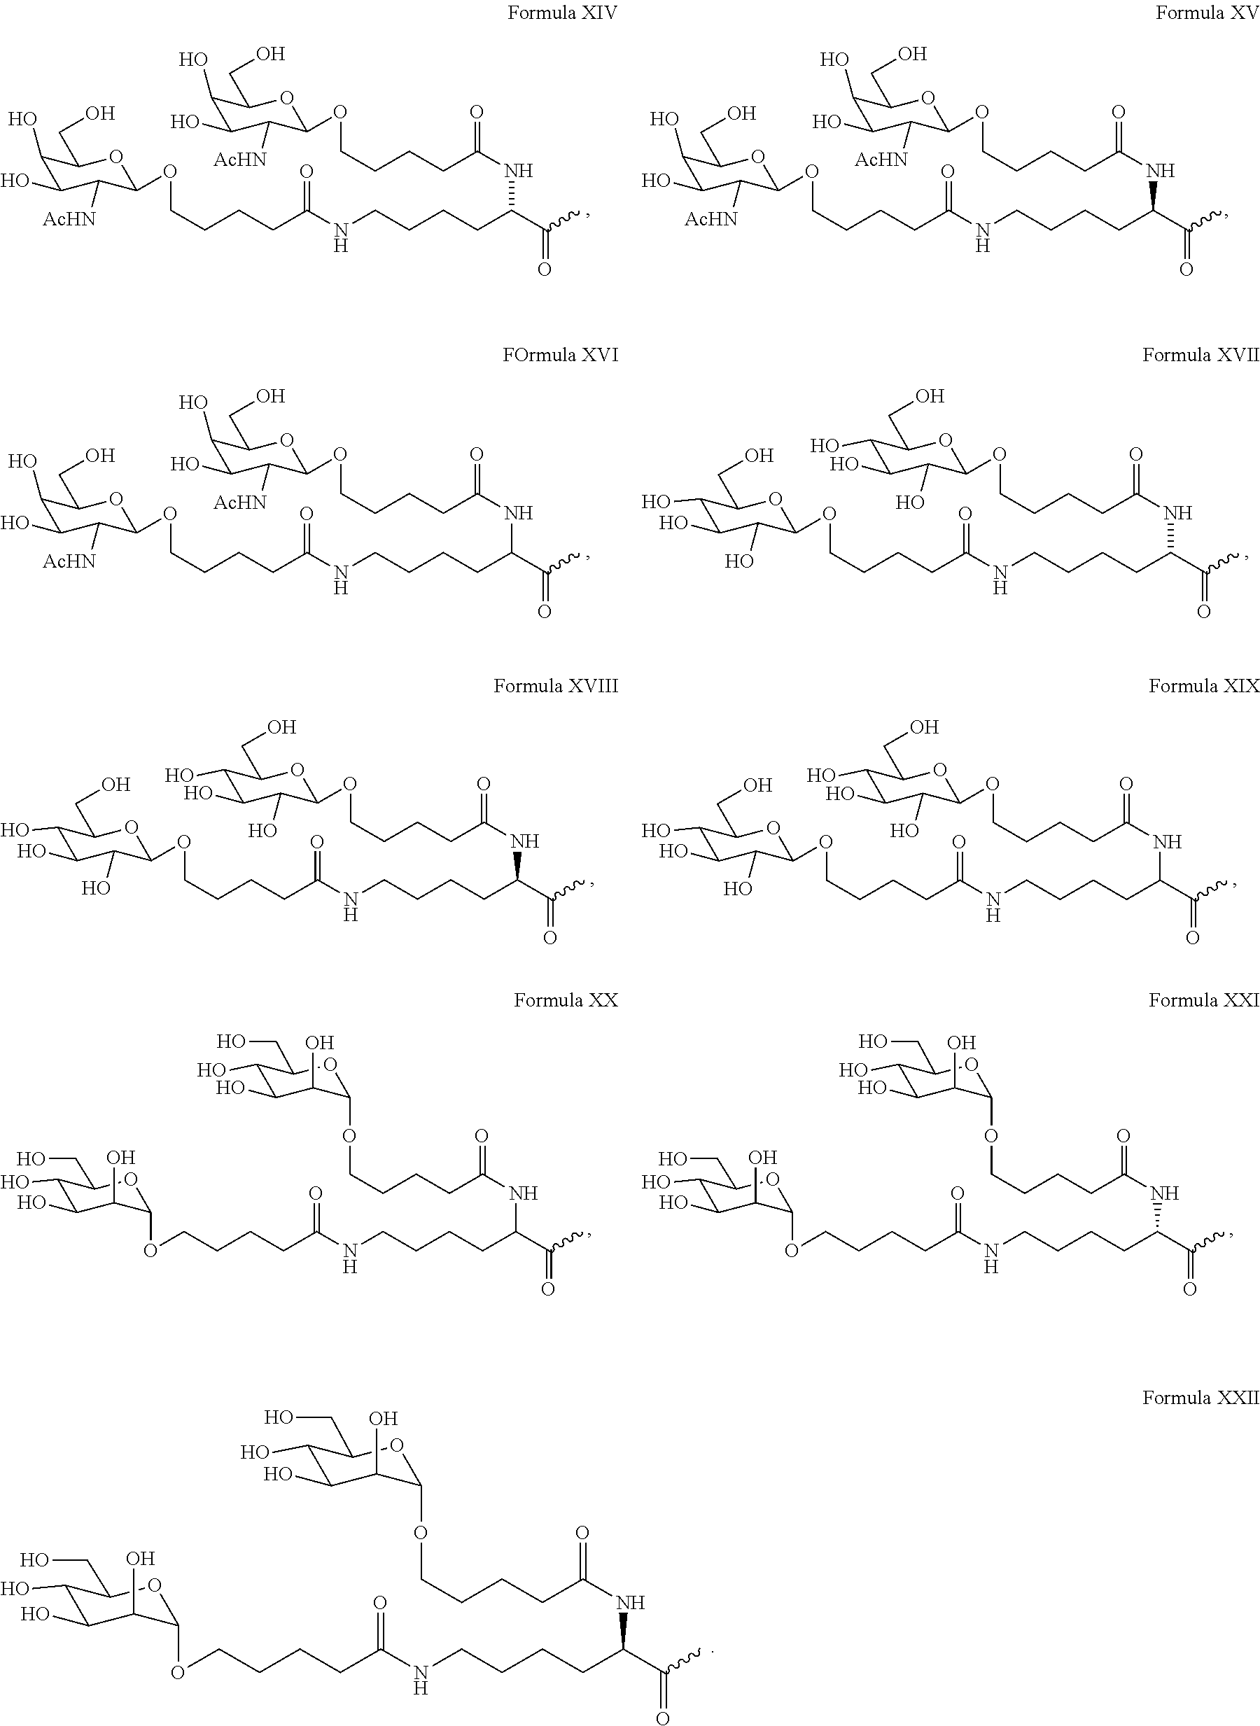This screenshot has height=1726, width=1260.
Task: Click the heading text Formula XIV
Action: tap(562, 13)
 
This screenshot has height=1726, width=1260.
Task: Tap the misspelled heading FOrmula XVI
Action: tap(560, 355)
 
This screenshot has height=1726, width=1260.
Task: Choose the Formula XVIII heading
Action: tap(555, 686)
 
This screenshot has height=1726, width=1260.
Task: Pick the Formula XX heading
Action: tap(565, 1000)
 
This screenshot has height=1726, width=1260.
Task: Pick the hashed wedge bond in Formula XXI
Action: tap(1158, 1219)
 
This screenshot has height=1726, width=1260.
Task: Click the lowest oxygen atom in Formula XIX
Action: tap(1192, 937)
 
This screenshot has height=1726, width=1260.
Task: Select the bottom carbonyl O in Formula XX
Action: tap(547, 1289)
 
